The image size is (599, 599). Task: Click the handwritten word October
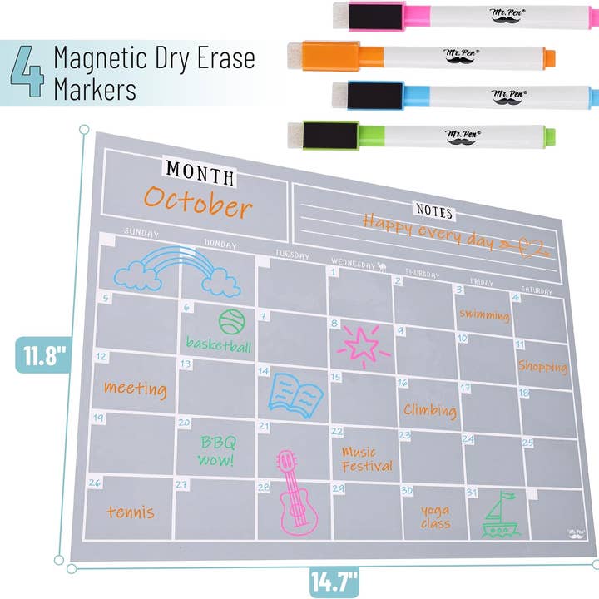pyautogui.click(x=197, y=202)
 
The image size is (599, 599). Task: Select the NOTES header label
pyautogui.click(x=435, y=210)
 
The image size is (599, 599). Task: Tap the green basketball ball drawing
pyautogui.click(x=231, y=321)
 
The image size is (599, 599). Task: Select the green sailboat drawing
pyautogui.click(x=502, y=517)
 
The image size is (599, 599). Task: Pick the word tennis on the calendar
pyautogui.click(x=131, y=512)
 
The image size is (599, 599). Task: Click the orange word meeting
pyautogui.click(x=135, y=388)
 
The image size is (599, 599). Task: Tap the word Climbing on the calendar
pyautogui.click(x=430, y=409)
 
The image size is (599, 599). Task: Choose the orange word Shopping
pyautogui.click(x=542, y=366)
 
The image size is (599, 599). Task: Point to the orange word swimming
pyautogui.click(x=483, y=315)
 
